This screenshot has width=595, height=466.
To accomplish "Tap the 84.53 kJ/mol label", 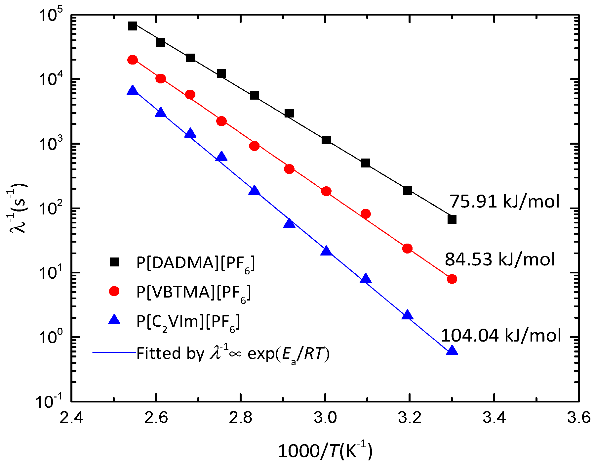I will tap(500, 259).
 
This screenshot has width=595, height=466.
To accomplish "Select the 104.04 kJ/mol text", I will tap(501, 335).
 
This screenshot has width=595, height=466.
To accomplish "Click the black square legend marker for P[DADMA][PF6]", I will tap(114, 262).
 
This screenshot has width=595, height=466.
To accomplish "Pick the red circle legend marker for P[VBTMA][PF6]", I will tap(114, 291).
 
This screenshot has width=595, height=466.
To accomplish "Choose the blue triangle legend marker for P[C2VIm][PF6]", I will tap(114, 320).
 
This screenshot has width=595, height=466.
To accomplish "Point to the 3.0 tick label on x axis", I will tap(325, 418).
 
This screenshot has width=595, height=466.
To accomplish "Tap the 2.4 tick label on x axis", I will tap(71, 418).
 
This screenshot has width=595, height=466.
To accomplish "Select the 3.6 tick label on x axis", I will tap(578, 418).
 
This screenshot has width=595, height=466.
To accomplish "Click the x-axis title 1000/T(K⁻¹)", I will tap(325, 451).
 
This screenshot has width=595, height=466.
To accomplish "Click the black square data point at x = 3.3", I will tap(452, 219).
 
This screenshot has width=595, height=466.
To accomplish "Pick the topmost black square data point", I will tap(133, 26).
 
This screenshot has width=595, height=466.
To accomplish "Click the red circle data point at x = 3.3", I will tap(452, 279).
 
